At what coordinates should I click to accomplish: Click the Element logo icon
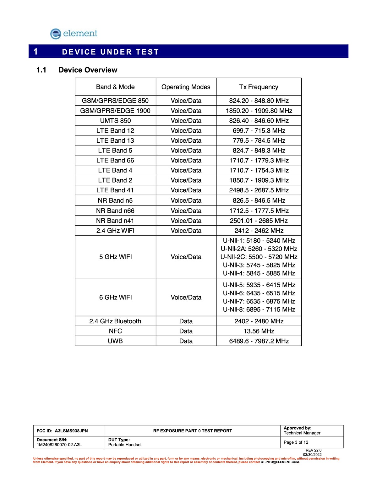tap(56, 34)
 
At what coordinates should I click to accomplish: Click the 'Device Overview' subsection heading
tap(88, 70)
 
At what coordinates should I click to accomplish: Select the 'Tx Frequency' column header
tap(259, 87)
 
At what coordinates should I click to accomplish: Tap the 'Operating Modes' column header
tap(186, 87)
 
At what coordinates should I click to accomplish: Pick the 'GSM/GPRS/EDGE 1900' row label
tap(115, 111)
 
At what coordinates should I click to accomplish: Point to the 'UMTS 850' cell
tap(115, 121)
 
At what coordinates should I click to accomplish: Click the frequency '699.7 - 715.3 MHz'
tap(259, 131)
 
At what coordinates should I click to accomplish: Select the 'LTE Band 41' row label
tap(115, 190)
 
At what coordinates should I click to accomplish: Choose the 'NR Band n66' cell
tap(115, 211)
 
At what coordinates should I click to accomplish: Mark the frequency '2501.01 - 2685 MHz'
tap(259, 221)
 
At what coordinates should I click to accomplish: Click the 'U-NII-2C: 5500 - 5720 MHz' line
tap(259, 257)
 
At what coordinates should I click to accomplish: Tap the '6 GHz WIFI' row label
tap(115, 297)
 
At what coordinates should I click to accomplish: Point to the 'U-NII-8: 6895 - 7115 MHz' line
tap(259, 310)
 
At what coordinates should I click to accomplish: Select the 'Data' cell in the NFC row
tap(186, 331)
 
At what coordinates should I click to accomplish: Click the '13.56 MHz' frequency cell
tap(259, 331)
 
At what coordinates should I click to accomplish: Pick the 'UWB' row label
tap(115, 341)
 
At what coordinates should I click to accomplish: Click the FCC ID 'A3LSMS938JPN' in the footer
tap(71, 431)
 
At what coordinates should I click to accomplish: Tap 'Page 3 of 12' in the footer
tap(296, 442)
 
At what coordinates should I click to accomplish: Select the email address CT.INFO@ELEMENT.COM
tap(280, 462)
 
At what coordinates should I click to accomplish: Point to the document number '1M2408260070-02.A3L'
tap(59, 445)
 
